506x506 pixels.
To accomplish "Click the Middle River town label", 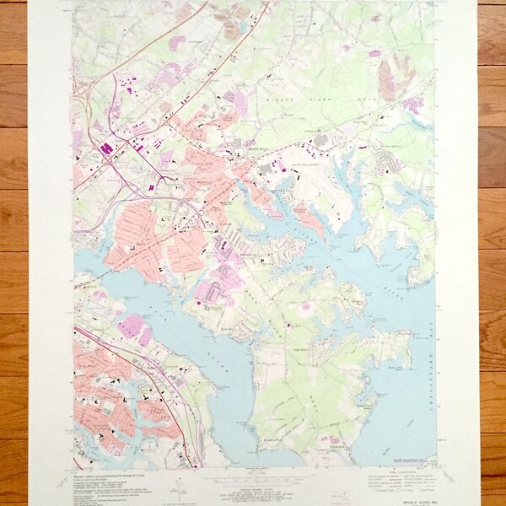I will [x=259, y=147].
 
